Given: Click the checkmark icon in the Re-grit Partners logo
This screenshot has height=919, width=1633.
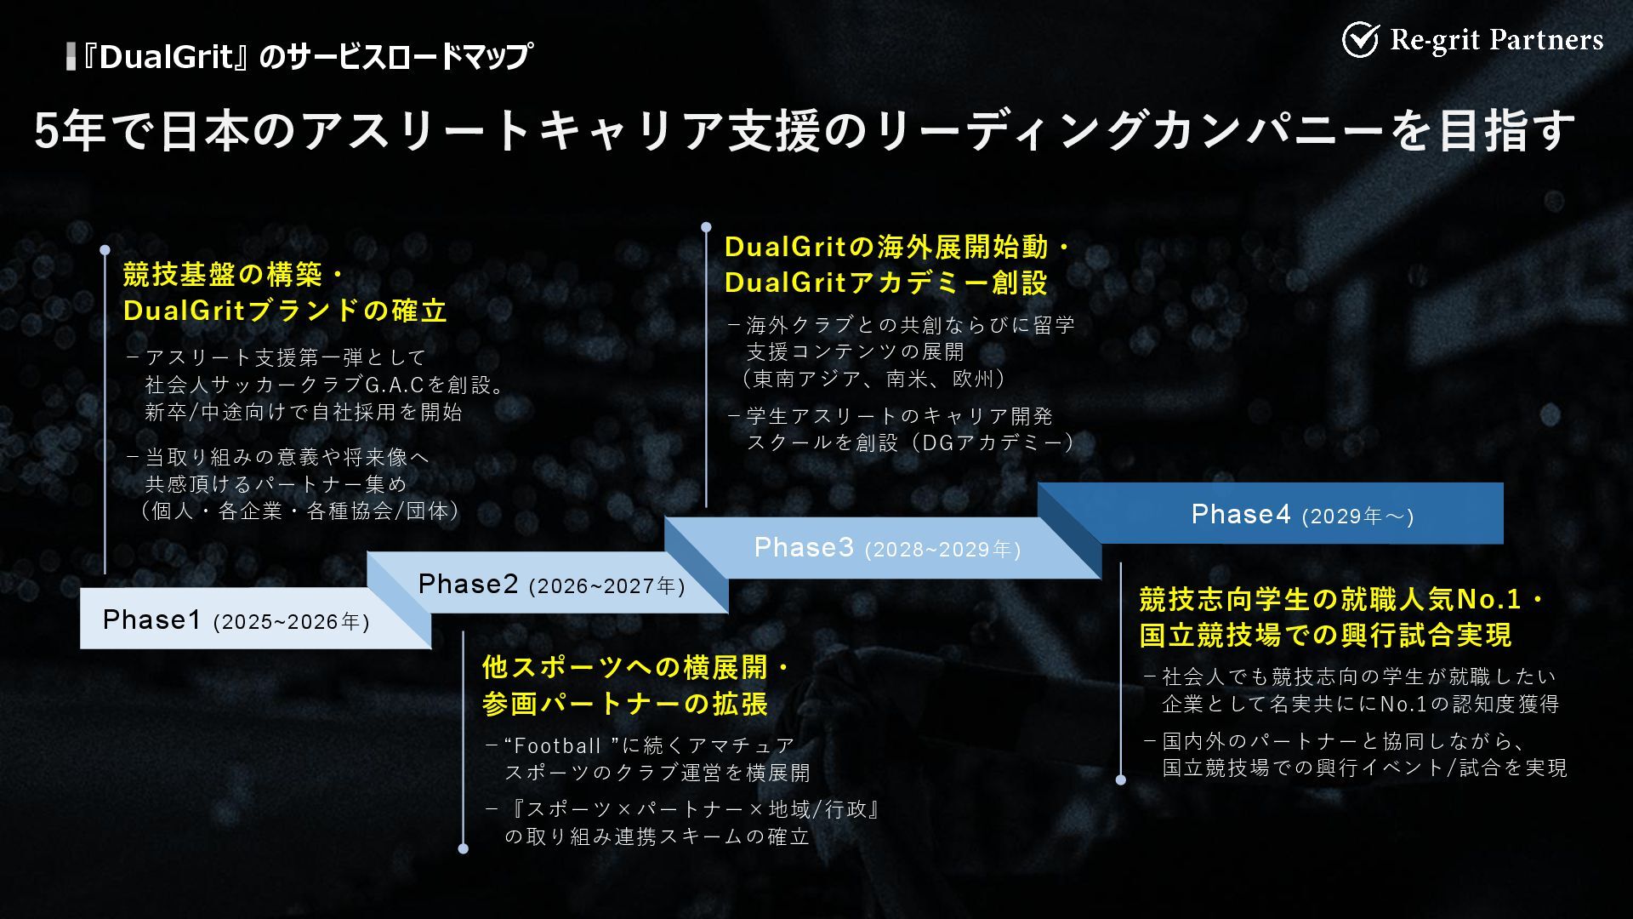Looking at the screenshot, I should [1360, 40].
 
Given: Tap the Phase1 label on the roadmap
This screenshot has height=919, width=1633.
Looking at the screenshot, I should [151, 620].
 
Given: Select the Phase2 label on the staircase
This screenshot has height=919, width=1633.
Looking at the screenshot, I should [468, 585].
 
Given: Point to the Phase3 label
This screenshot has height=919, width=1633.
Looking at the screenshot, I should [804, 548].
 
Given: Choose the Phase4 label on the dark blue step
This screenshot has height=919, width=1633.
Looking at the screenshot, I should [1241, 515].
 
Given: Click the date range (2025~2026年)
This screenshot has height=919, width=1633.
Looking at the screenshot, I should [291, 623].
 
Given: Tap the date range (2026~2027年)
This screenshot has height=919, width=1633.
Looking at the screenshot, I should [606, 587].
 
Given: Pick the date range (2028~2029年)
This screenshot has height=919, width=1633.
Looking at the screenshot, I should [942, 551].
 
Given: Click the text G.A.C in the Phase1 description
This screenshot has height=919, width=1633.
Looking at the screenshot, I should [394, 385].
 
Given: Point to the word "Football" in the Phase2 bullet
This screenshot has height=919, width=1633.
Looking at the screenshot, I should [558, 746].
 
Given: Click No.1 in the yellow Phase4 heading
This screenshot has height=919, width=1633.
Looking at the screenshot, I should [1488, 600].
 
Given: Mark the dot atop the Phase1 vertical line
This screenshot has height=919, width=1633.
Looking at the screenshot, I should [105, 250].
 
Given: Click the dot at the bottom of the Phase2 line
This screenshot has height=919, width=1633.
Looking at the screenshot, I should [463, 848].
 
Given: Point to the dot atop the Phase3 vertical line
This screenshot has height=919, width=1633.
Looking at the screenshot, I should [706, 227].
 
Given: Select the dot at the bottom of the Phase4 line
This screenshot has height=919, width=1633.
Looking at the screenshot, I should [1120, 779].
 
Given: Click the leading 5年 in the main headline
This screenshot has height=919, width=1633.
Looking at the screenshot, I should [70, 132].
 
